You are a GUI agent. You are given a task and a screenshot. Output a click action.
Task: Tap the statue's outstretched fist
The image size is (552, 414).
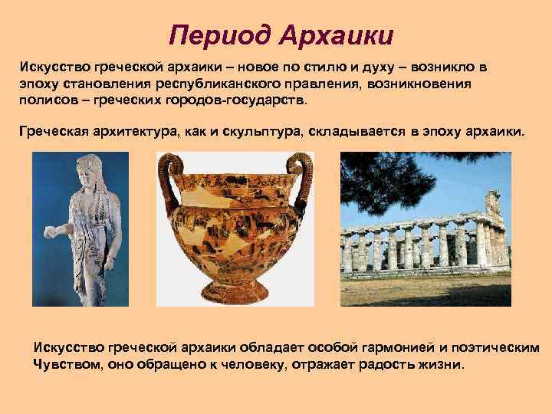coord(50,229)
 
